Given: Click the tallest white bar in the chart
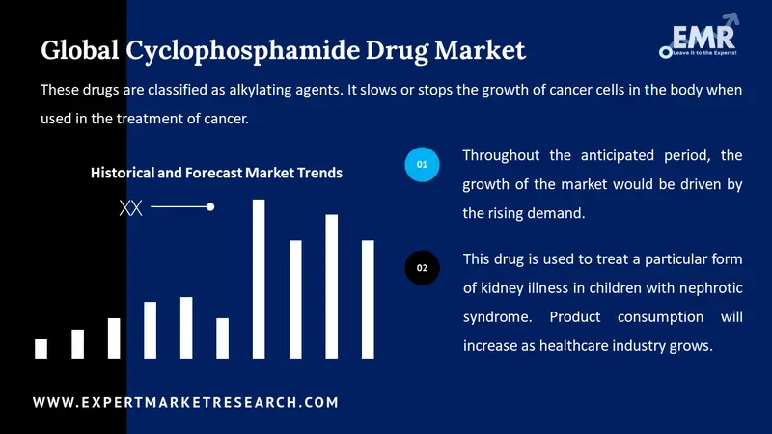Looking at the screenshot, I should pyautogui.click(x=259, y=279).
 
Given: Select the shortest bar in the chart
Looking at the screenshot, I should pyautogui.click(x=41, y=348).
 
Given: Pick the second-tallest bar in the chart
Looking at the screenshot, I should pyautogui.click(x=331, y=286).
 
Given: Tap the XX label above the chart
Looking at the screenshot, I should pyautogui.click(x=130, y=207).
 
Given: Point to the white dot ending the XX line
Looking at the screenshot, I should pyautogui.click(x=210, y=206).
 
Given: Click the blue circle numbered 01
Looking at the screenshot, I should pyautogui.click(x=422, y=166).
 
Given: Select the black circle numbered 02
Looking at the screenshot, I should pyautogui.click(x=422, y=267).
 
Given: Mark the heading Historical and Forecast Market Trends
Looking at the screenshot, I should pyautogui.click(x=216, y=173).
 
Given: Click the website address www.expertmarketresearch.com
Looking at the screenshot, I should pyautogui.click(x=186, y=402).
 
